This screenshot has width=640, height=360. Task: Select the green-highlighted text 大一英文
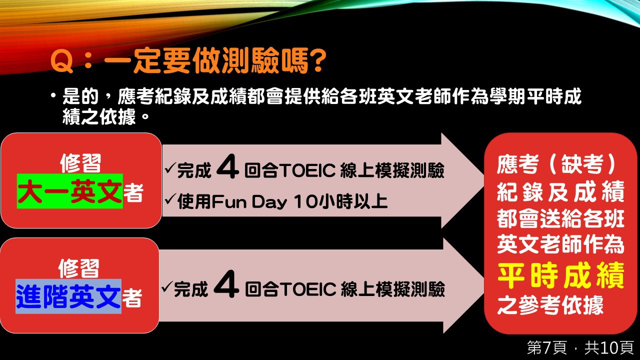coord(70,191)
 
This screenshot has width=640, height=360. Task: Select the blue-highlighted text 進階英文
coord(68,296)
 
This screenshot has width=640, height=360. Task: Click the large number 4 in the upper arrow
coord(227,166)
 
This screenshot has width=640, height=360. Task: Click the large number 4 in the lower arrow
coord(226,284)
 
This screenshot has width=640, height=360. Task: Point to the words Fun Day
coord(249,201)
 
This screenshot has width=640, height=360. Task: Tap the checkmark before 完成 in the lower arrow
coord(166,286)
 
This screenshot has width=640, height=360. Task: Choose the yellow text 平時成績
coord(560,275)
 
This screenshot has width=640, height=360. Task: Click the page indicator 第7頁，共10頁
coord(580,347)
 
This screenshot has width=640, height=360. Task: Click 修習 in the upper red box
coord(80,163)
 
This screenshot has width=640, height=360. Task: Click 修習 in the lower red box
coord(78,268)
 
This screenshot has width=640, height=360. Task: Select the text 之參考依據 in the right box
coord(550,305)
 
